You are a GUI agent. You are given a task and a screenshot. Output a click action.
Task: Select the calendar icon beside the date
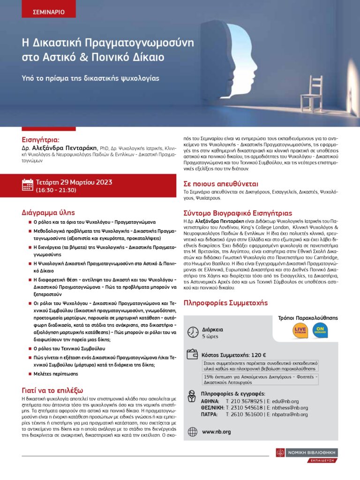(x=28, y=185)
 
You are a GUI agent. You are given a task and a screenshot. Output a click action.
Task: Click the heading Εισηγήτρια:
(x=41, y=139)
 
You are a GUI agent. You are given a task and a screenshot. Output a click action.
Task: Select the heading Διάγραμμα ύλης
(x=48, y=212)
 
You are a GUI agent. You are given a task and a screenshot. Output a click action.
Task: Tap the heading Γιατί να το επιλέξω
(x=52, y=390)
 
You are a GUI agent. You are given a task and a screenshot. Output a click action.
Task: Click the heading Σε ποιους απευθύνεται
(x=221, y=184)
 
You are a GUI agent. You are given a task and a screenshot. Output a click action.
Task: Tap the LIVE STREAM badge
(x=300, y=330)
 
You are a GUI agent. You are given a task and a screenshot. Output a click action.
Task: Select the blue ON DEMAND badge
(x=320, y=330)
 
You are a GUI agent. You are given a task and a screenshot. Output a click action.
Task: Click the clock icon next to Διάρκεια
(x=192, y=332)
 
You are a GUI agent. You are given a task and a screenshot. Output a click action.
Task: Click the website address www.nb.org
(x=216, y=432)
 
